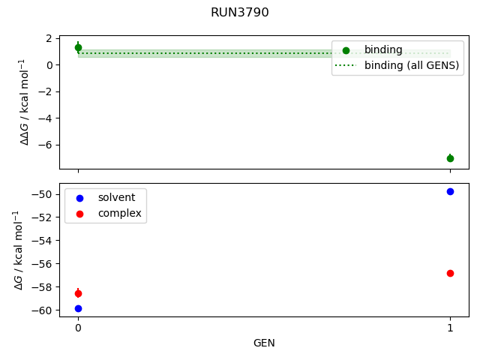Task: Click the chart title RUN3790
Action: coord(240,13)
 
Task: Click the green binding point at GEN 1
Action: coord(450,158)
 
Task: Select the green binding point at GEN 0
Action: coord(78,48)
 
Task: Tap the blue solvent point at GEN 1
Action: coord(450,191)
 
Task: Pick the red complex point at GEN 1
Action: coord(450,273)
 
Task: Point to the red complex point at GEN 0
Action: coord(78,293)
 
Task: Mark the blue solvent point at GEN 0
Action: coord(78,308)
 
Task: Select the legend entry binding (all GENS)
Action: coord(411,65)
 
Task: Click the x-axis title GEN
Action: coord(264,343)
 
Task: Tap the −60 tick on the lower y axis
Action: coord(43,310)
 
